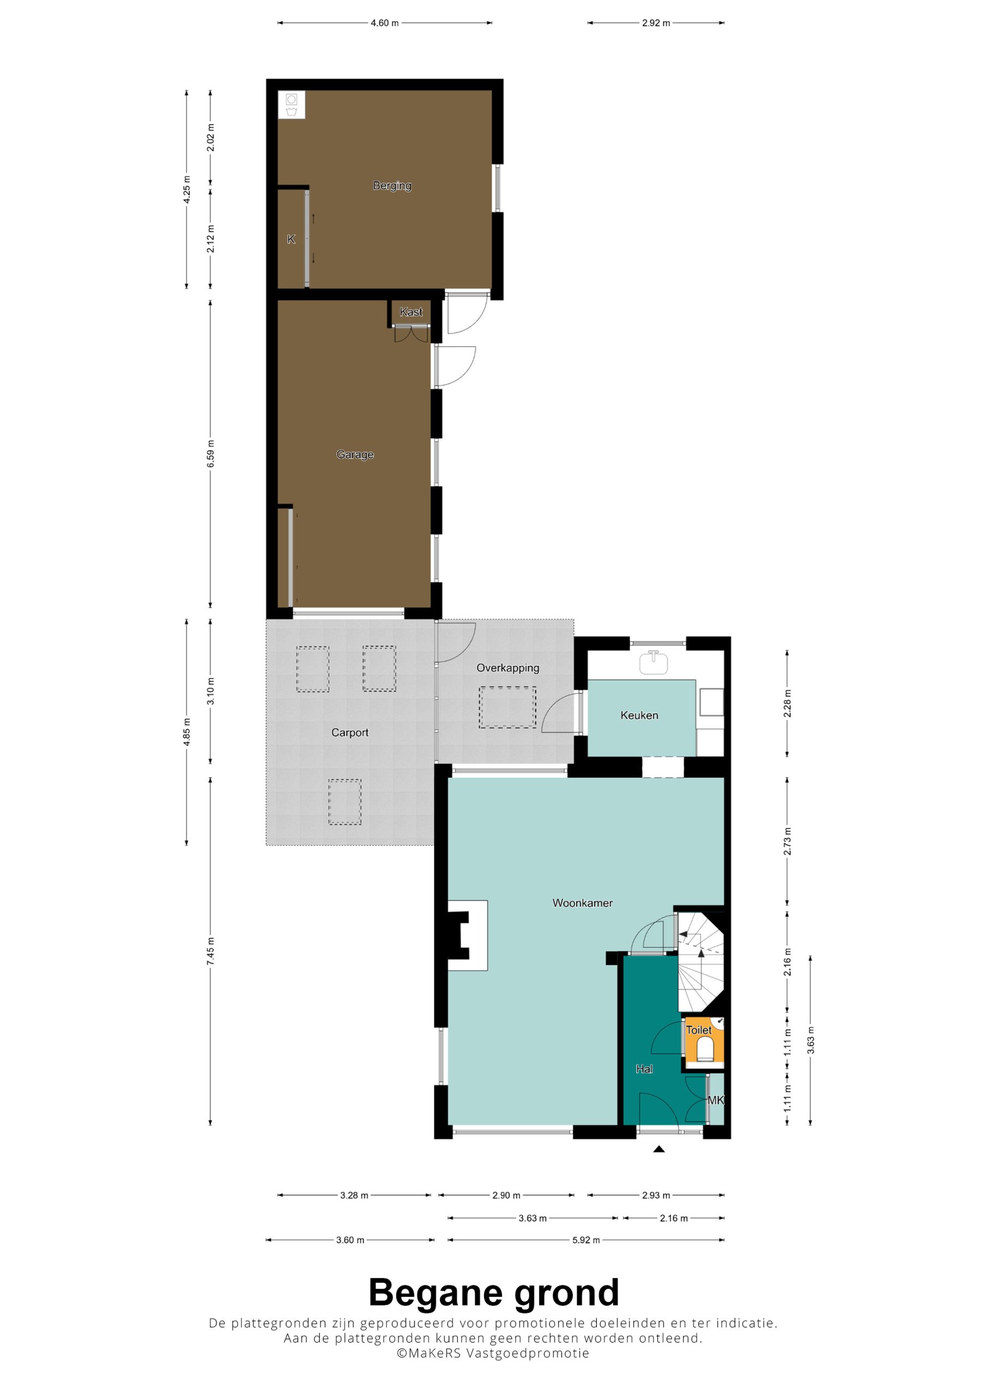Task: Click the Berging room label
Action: click(392, 185)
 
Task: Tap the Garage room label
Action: click(355, 454)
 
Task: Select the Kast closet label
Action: click(411, 312)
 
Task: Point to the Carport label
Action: click(349, 733)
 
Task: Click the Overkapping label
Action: click(507, 667)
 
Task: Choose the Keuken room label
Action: click(639, 715)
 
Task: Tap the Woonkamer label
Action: click(582, 903)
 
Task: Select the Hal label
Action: click(644, 1069)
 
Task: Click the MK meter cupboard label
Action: click(716, 1100)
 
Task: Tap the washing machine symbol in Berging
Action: click(291, 105)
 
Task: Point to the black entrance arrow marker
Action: click(659, 1148)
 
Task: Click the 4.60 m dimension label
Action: click(385, 23)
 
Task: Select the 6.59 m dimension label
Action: click(210, 454)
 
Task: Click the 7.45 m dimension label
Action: click(210, 951)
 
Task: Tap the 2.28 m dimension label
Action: click(787, 703)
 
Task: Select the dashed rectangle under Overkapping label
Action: click(507, 708)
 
